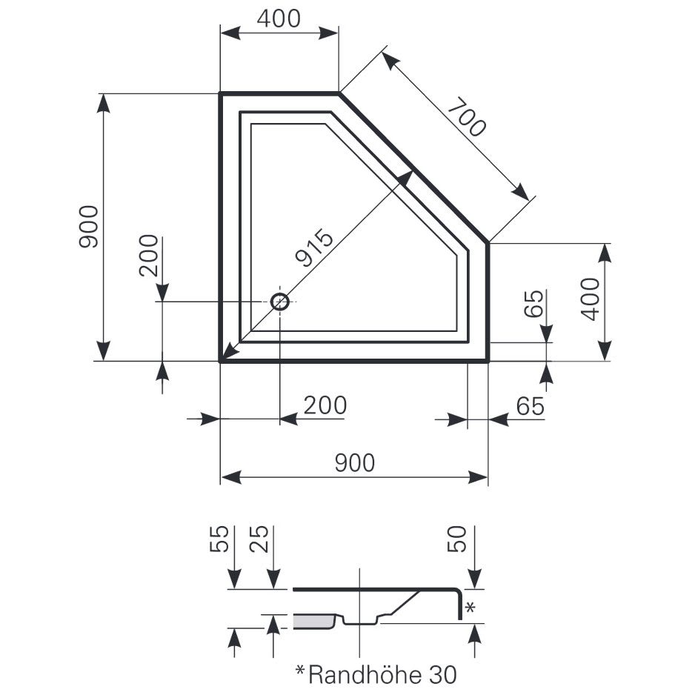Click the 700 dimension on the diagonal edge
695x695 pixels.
467,117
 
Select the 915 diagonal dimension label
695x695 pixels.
314,247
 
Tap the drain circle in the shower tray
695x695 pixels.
279,302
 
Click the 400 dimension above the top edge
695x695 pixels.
279,19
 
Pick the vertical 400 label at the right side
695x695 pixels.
591,299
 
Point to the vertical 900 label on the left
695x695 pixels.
88,227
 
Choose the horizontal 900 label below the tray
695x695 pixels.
355,463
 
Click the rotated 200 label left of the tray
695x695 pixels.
148,256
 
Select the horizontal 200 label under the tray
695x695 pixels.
325,405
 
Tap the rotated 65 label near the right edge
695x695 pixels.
533,304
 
